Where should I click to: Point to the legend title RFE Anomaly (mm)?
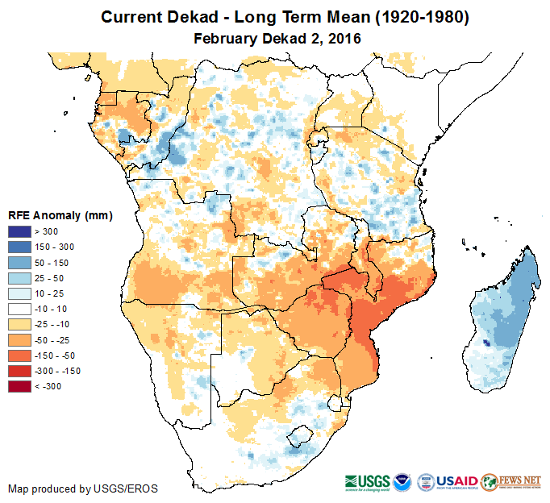click(x=60, y=215)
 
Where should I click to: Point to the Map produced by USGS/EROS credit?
click(x=83, y=488)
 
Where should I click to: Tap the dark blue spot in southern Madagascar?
click(x=485, y=343)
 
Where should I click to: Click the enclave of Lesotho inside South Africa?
click(x=301, y=436)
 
